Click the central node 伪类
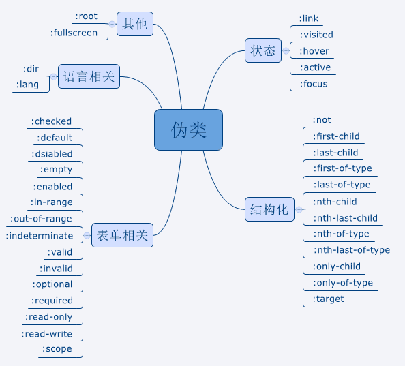click(188, 129)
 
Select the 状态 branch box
click(263, 50)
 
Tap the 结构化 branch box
click(269, 209)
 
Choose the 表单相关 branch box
click(122, 235)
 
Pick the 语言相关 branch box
click(89, 77)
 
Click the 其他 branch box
click(134, 25)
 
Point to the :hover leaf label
click(314, 51)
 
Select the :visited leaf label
click(316, 35)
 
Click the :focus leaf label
click(314, 84)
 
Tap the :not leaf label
click(322, 120)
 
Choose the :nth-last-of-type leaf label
click(351, 250)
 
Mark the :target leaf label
click(328, 299)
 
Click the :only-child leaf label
click(336, 266)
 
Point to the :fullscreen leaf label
click(74, 32)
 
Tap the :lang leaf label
click(27, 85)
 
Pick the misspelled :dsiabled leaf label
click(51, 154)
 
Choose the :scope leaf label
click(57, 349)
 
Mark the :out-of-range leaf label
click(41, 219)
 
